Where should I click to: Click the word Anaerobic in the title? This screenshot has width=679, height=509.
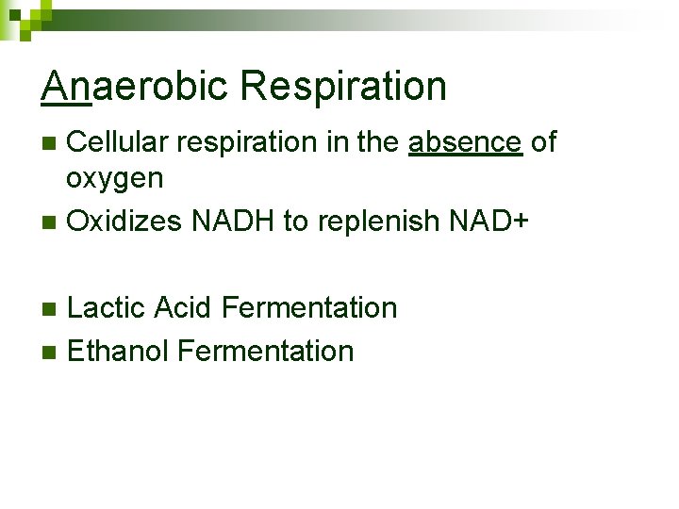tap(135, 87)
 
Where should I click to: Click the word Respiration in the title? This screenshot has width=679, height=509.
tap(343, 87)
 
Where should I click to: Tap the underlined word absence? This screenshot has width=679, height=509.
tap(465, 142)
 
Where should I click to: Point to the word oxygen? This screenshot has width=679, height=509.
tap(115, 177)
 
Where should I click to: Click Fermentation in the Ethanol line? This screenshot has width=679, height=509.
tap(266, 352)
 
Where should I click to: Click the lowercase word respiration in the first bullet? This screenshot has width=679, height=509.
tap(240, 143)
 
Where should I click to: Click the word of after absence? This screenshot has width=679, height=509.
tap(544, 142)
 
